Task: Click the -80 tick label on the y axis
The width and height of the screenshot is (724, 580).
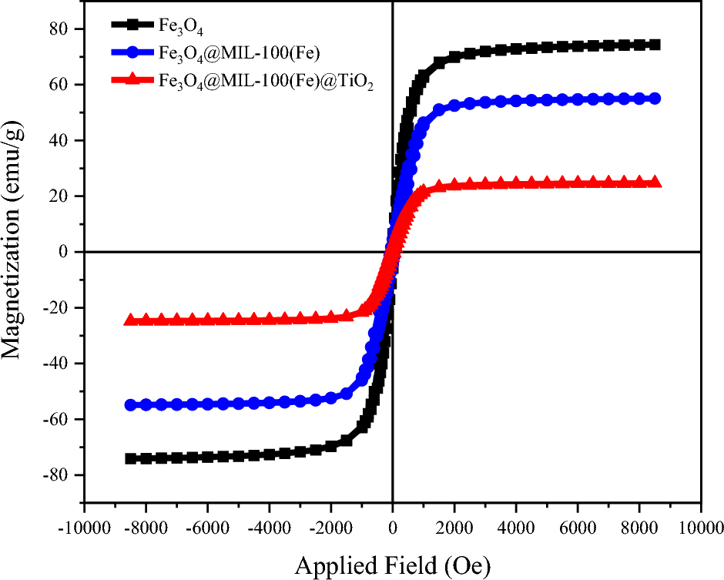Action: tap(60, 475)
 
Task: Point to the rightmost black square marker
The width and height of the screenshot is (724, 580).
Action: tap(655, 45)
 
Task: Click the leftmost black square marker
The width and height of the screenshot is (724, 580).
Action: tap(130, 458)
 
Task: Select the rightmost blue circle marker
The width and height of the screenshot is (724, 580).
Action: tap(655, 98)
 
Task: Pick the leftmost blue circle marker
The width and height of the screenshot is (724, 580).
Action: tap(130, 404)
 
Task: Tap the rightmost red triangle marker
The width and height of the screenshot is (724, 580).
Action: tap(655, 182)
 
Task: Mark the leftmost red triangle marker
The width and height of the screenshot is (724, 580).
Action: tap(130, 320)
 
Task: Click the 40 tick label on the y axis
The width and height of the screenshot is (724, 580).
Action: tap(64, 140)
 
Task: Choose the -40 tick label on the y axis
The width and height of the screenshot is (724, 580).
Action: tap(60, 364)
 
